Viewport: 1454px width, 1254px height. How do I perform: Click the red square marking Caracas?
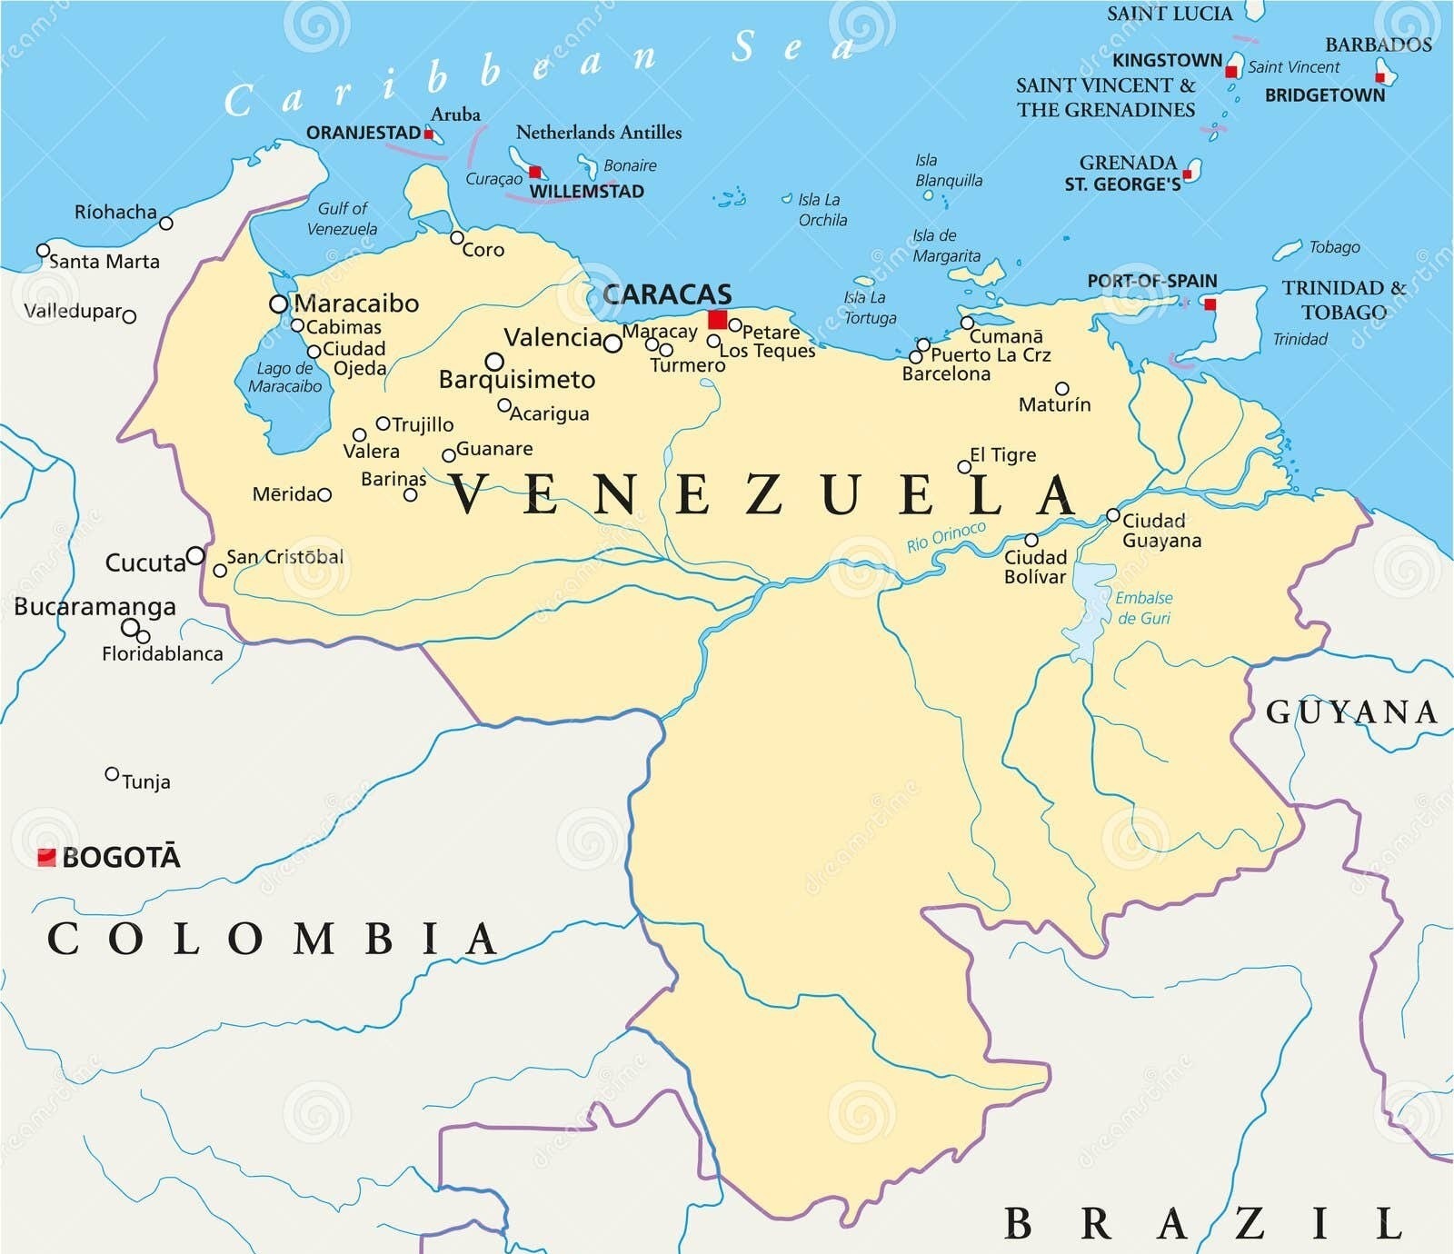coord(718,320)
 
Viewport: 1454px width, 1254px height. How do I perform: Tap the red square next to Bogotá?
coord(46,857)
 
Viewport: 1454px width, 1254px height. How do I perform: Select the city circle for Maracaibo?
coord(279,304)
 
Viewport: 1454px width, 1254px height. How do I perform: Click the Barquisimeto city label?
coord(516,380)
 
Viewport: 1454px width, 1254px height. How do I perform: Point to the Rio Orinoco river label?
coord(946,537)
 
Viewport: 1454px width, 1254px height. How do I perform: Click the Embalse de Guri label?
coord(1143,608)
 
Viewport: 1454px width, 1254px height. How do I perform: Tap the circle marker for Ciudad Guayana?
coord(1112,515)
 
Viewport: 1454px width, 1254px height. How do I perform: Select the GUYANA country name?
coord(1351,712)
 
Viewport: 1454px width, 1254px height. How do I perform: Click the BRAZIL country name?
coord(1204,1224)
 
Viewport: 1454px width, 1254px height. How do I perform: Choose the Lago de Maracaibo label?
coord(284,377)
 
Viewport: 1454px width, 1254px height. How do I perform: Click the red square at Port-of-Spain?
coord(1210,304)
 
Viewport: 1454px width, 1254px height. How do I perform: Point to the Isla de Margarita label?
coord(946,245)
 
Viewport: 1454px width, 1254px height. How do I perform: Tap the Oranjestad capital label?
coord(363,133)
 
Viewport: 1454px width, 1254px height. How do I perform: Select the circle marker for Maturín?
coord(1061,389)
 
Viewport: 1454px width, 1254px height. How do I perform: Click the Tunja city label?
coord(145,781)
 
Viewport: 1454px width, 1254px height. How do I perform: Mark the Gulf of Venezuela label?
coord(342,218)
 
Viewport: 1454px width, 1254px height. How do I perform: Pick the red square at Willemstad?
coord(535,172)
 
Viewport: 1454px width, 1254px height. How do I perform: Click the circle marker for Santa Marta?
coord(43,251)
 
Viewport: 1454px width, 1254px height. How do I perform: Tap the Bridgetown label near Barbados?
coord(1324,95)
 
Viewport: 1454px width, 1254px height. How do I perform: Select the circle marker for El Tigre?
coord(964,467)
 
